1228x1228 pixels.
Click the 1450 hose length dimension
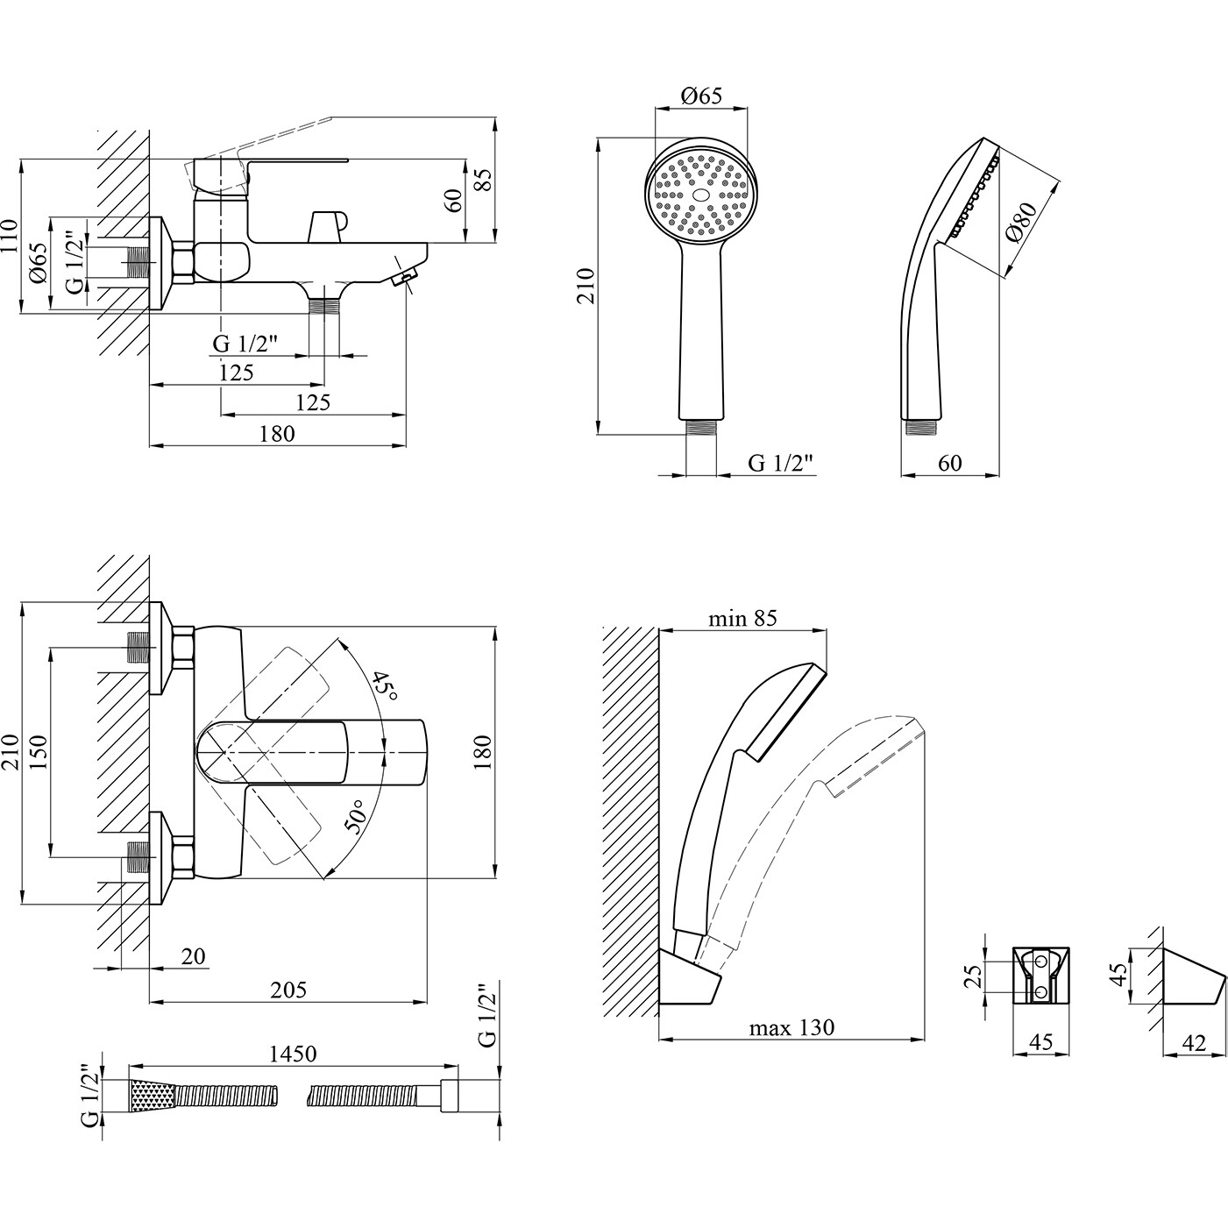pos(292,1054)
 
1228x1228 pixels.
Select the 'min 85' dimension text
pos(742,619)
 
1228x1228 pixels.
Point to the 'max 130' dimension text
pos(791,1027)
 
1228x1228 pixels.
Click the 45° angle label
pos(385,686)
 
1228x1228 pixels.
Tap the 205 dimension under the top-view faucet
pos(288,990)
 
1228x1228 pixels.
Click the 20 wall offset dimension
pos(193,956)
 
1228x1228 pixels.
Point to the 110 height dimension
pos(10,235)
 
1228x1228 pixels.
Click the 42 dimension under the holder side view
pos(1194,1043)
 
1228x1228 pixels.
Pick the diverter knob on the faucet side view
pos(327,225)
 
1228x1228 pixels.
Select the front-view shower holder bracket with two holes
pos(1041,975)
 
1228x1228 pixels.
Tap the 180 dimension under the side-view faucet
pos(278,433)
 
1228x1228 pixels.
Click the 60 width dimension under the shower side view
pos(949,463)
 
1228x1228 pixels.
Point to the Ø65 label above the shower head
pos(701,96)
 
